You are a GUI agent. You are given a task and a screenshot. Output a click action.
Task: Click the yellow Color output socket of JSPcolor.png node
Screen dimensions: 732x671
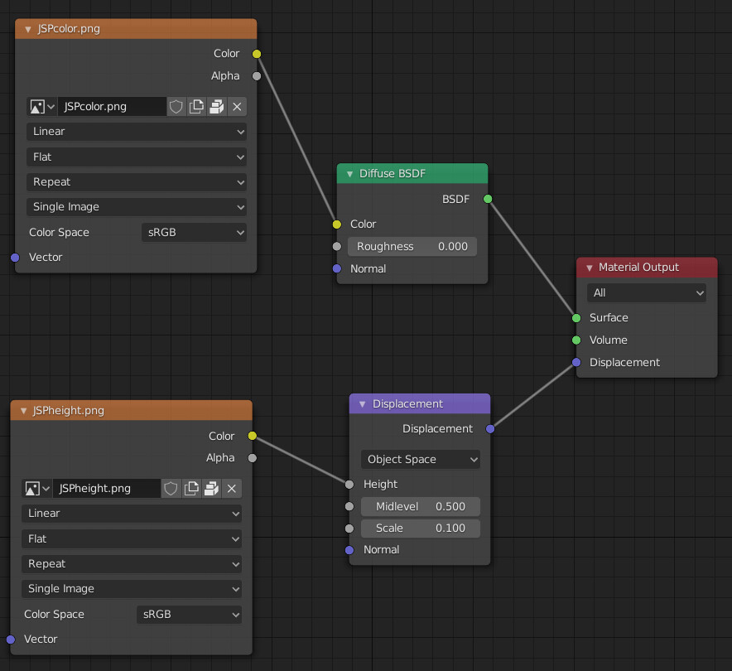click(257, 54)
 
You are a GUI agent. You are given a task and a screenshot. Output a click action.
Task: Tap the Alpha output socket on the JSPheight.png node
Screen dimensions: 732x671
click(252, 457)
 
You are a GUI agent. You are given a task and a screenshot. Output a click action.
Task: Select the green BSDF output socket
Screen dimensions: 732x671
click(488, 199)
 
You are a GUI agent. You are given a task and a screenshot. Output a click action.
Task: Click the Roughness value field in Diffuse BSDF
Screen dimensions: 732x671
click(412, 247)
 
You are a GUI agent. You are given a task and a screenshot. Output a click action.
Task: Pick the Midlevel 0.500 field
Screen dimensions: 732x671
click(420, 507)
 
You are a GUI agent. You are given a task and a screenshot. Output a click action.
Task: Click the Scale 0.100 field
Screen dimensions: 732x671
click(420, 529)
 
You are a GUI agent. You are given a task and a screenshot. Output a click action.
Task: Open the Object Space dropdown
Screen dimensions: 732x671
click(420, 460)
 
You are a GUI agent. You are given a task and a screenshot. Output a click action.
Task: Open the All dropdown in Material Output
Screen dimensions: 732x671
click(646, 292)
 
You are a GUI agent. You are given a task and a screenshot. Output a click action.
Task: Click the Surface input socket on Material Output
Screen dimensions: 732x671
click(576, 318)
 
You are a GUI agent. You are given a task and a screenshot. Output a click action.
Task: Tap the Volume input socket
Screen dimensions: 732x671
click(576, 340)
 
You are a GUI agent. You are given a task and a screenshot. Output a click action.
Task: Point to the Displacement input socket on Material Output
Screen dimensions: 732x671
click(576, 362)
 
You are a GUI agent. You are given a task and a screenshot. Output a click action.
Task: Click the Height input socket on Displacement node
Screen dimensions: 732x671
click(349, 485)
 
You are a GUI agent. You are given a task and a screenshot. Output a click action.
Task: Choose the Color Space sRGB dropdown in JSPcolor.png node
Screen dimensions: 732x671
click(194, 232)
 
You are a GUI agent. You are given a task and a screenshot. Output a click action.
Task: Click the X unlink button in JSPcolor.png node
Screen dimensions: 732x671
click(237, 107)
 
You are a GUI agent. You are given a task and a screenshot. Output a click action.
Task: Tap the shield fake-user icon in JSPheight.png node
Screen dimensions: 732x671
click(171, 489)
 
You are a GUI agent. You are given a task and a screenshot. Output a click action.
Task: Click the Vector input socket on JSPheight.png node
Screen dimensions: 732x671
click(11, 640)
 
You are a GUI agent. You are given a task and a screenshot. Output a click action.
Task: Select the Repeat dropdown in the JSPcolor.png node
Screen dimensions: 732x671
click(137, 182)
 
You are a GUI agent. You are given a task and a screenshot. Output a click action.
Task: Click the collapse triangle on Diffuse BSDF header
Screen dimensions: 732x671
click(349, 174)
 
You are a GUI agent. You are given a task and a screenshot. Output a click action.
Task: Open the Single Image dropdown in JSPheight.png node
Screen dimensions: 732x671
click(131, 589)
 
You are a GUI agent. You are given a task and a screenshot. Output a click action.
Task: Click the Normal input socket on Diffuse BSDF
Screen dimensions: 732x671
click(336, 268)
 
